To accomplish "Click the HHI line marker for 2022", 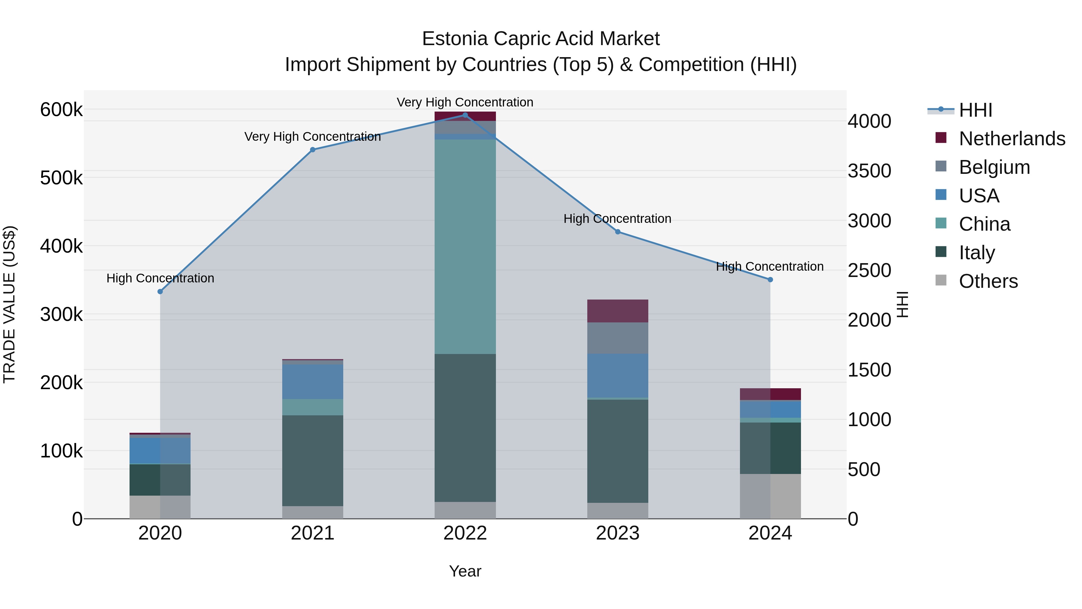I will pyautogui.click(x=465, y=115).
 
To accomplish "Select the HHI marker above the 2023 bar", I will pyautogui.click(x=617, y=232).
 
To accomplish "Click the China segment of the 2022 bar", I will pyautogui.click(x=465, y=246).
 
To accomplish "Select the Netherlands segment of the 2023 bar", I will pyautogui.click(x=617, y=311).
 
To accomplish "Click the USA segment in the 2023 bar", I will pyautogui.click(x=617, y=375).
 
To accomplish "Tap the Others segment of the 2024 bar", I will pyautogui.click(x=770, y=496).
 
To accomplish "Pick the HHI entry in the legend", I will pyautogui.click(x=975, y=110).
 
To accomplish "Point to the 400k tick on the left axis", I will pyautogui.click(x=61, y=246).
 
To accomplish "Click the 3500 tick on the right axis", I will pyautogui.click(x=869, y=171).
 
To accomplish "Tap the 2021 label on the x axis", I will pyautogui.click(x=313, y=533).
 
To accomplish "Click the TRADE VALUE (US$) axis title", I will pyautogui.click(x=9, y=304).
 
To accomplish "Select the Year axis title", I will pyautogui.click(x=465, y=571).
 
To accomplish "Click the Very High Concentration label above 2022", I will pyautogui.click(x=465, y=102).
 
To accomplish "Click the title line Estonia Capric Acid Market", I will pyautogui.click(x=541, y=39).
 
